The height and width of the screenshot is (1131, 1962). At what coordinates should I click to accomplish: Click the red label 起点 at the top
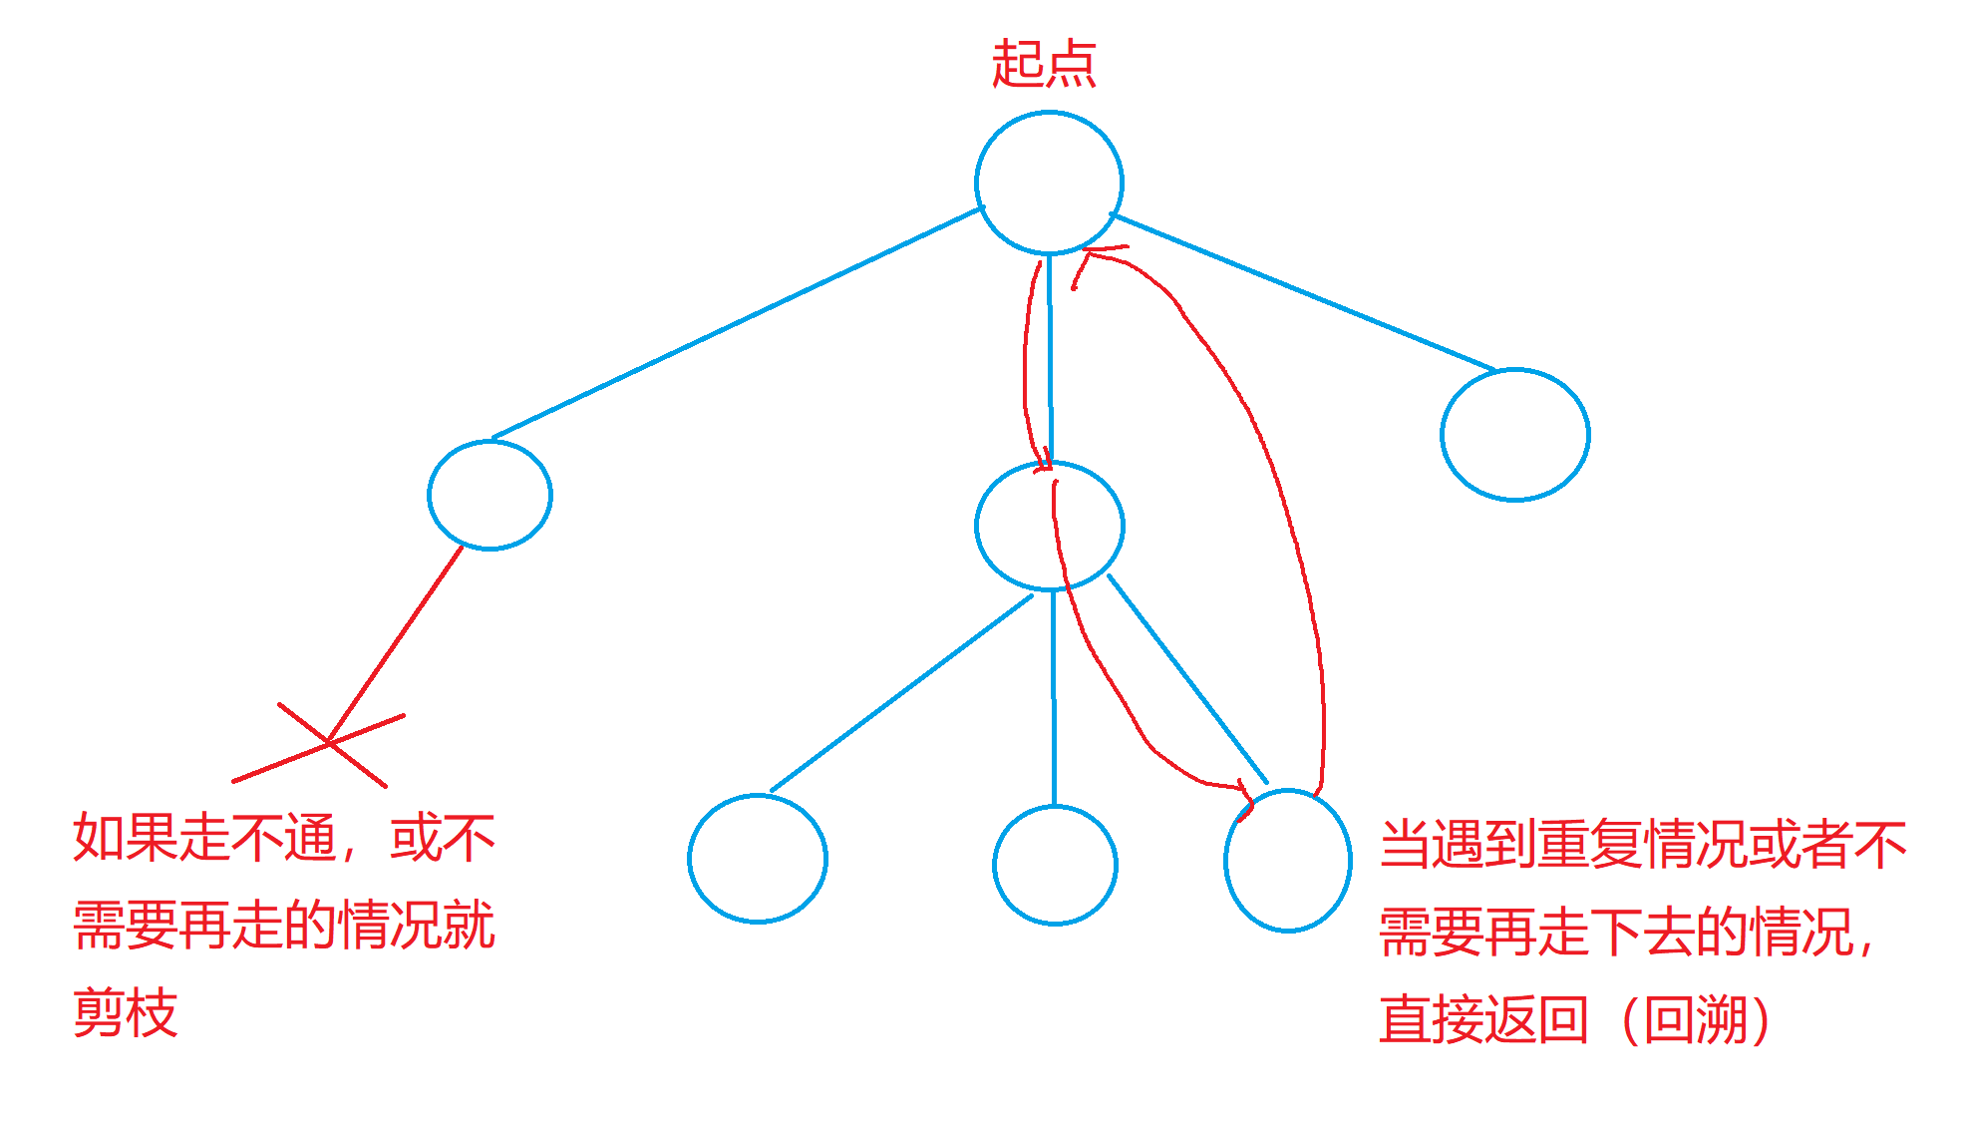[1044, 65]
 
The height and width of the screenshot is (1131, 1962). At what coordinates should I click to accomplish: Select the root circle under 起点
[1049, 183]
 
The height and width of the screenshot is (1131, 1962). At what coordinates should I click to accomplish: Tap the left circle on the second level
[490, 495]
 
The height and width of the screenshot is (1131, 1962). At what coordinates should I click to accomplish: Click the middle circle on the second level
[1050, 526]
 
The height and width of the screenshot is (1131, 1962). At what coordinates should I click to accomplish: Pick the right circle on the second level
[1514, 434]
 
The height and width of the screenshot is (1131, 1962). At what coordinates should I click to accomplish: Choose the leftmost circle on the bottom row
[758, 858]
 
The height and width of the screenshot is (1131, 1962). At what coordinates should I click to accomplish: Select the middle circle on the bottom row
[1055, 865]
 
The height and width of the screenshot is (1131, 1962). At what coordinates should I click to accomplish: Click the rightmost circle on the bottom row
[1288, 860]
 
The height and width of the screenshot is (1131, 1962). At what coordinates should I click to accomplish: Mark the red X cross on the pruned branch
[329, 743]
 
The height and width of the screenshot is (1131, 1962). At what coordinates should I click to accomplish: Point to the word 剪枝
[126, 1013]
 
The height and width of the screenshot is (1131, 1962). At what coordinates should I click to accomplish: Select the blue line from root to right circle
[1301, 291]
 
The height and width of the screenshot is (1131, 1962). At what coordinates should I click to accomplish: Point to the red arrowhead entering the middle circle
[1044, 462]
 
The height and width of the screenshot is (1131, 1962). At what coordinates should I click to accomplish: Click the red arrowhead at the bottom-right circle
[1243, 798]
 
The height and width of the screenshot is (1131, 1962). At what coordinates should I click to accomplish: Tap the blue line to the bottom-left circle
[902, 692]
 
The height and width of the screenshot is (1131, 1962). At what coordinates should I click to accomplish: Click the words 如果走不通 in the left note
[205, 838]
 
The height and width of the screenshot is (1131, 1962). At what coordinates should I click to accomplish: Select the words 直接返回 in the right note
[1483, 1019]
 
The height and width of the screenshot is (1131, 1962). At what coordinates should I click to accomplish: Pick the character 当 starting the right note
[1406, 845]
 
